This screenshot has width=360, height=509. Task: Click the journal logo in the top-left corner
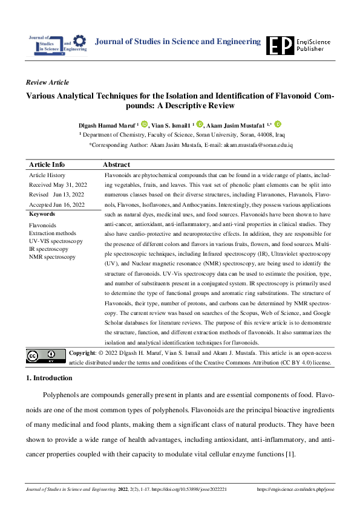coord(57,44)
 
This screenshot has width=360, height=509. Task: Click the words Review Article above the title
coord(48,82)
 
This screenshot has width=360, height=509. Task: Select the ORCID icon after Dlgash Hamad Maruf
coord(144,124)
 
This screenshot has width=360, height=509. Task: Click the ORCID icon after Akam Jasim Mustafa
coord(278,124)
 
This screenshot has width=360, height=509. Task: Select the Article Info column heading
coord(47,164)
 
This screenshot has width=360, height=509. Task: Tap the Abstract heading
coord(117,164)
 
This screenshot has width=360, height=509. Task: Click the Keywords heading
coord(42,214)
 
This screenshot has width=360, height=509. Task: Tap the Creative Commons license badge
coord(45,356)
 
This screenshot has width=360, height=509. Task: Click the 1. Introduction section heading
coord(49,378)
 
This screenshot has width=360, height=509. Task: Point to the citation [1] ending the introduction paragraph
coord(290,454)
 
